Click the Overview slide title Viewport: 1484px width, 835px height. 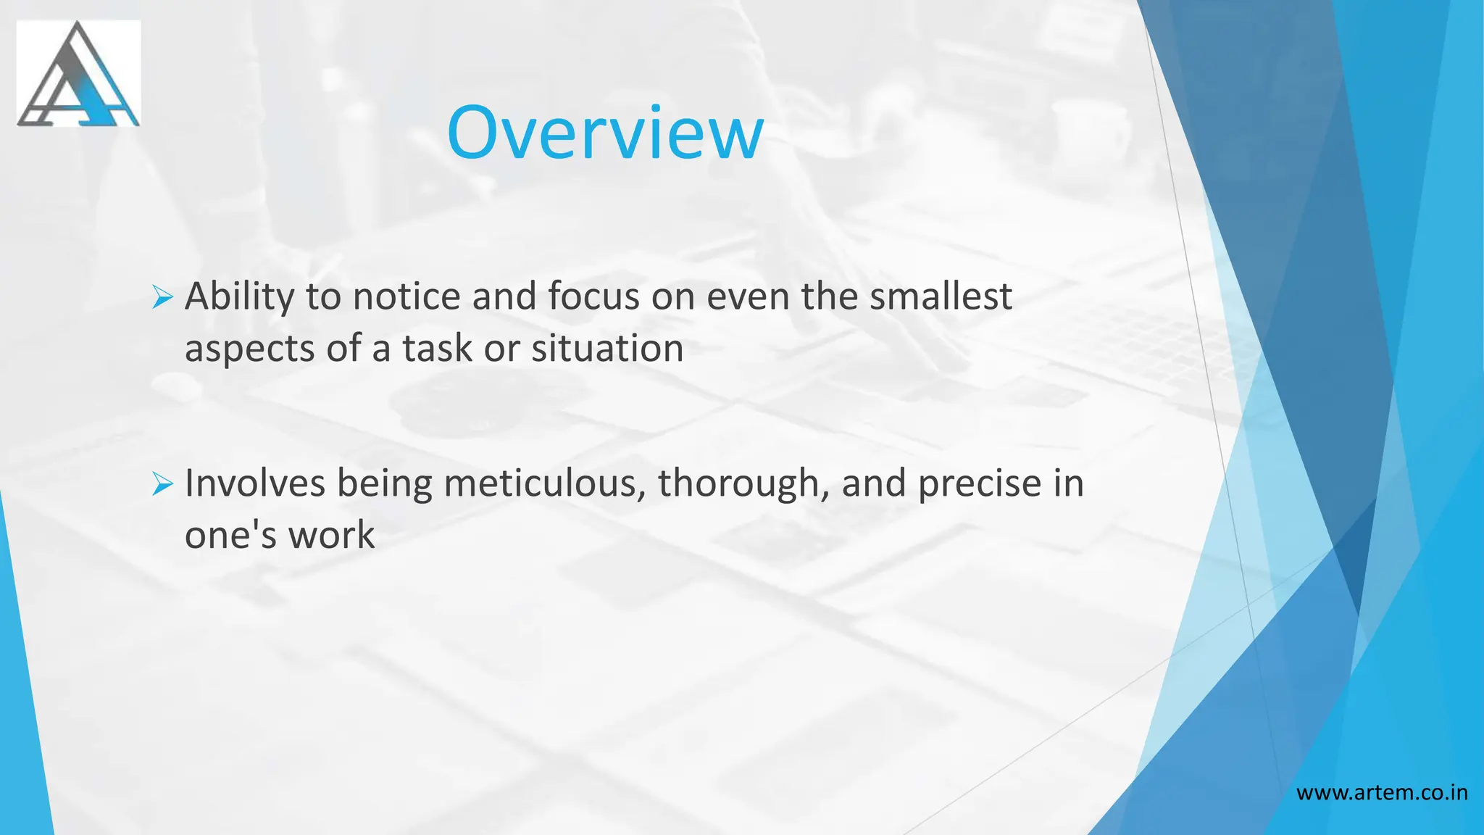point(605,133)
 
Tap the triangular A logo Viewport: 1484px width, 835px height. point(78,74)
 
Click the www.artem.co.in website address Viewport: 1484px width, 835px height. point(1382,792)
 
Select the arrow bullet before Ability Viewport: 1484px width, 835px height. point(162,298)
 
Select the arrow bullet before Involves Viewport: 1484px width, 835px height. point(162,484)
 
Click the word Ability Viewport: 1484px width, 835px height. point(239,297)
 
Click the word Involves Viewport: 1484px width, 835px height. point(254,483)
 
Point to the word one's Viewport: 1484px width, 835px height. point(230,535)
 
